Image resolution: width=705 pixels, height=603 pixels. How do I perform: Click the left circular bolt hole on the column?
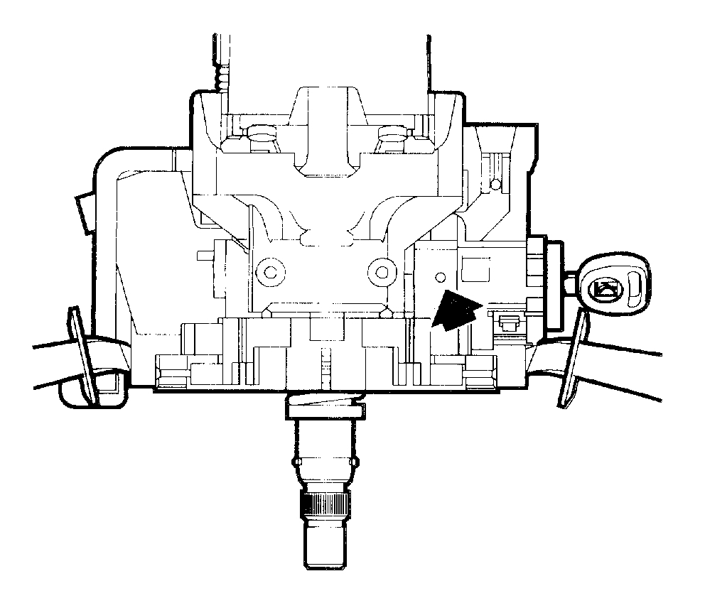(x=269, y=270)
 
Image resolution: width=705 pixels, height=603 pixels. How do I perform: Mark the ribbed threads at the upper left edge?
(x=225, y=75)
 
